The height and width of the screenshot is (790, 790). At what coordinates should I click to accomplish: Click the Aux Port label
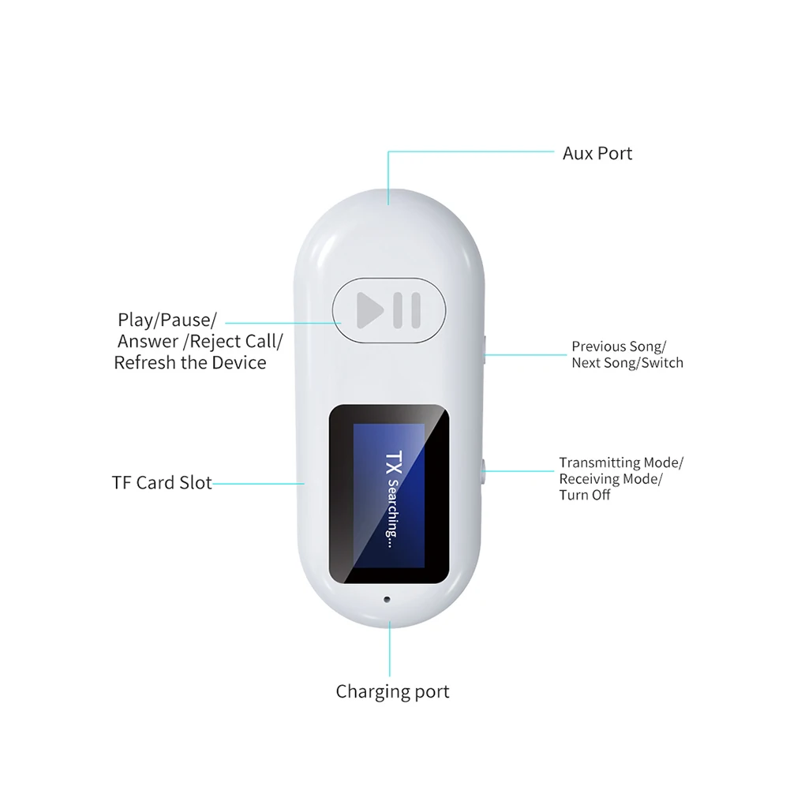[x=597, y=153]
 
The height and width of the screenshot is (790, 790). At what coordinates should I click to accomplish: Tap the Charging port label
[x=392, y=692]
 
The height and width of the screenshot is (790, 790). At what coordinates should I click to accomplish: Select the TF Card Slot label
[x=162, y=482]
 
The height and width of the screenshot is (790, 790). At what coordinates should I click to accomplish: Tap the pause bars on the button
[x=409, y=311]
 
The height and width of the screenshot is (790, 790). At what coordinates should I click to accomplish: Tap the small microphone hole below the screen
[x=387, y=597]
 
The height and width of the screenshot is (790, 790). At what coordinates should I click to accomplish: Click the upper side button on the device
[x=483, y=346]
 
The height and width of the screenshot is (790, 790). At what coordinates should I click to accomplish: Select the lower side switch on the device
[x=483, y=470]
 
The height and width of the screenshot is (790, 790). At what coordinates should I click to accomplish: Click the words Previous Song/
[x=619, y=346]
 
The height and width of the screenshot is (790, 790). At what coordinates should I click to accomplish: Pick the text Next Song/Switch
[x=627, y=363]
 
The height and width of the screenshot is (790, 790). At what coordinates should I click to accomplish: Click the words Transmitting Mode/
[x=621, y=462]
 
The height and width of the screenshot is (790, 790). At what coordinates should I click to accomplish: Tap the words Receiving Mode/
[x=611, y=479]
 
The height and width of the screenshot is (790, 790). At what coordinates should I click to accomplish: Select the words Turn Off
[x=584, y=496]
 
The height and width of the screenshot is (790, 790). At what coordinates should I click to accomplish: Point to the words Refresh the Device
[x=190, y=362]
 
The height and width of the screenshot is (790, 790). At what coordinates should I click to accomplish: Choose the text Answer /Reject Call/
[x=200, y=341]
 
